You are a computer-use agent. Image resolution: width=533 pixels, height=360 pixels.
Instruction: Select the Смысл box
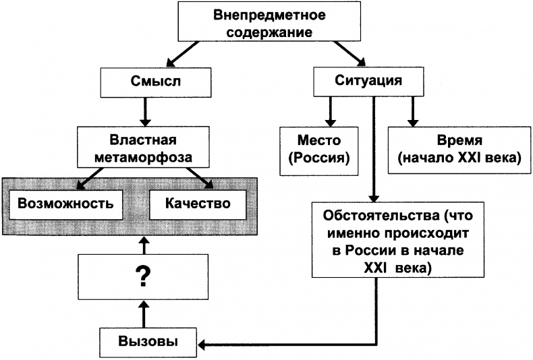pyautogui.click(x=142, y=82)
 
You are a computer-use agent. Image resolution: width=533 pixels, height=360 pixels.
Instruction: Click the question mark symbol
pyautogui.click(x=142, y=277)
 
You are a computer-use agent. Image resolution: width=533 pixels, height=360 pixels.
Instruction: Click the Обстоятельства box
pyautogui.click(x=387, y=239)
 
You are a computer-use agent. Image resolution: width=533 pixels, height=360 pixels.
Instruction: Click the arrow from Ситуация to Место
pyautogui.click(x=329, y=111)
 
